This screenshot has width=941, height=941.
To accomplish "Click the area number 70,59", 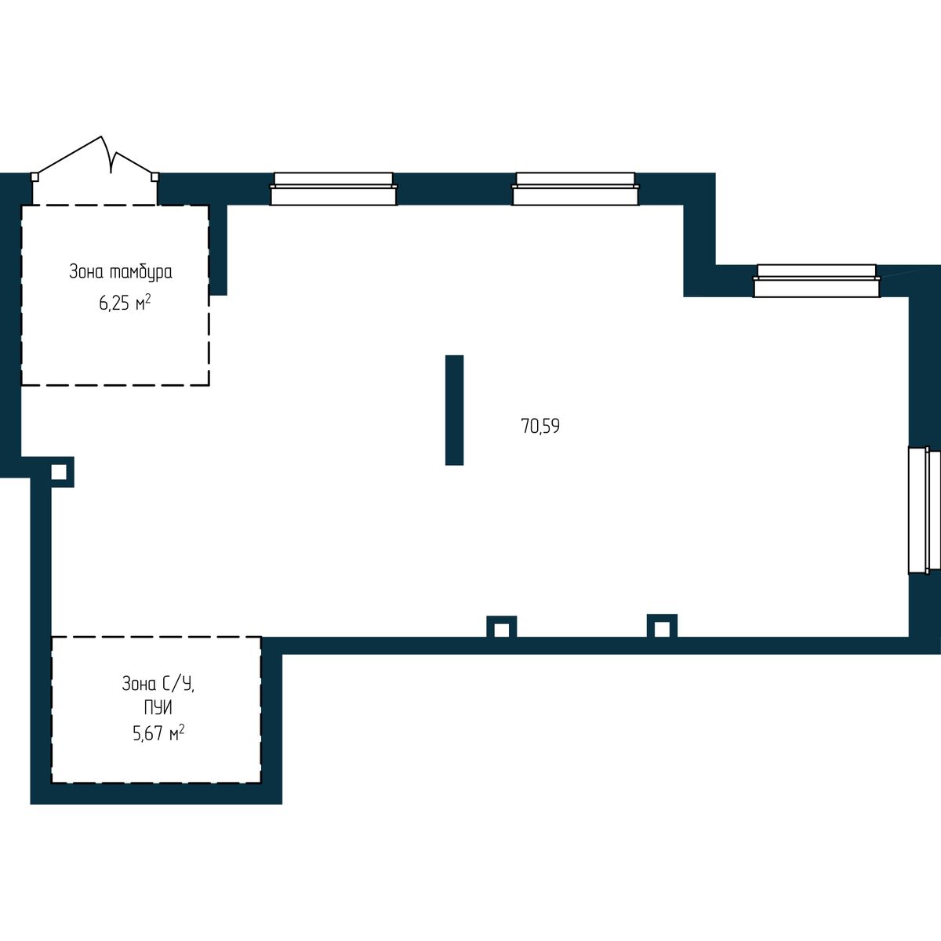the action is point(540,426).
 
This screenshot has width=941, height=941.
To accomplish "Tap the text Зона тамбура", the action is point(121,272).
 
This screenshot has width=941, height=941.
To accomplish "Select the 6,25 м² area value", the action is point(125,303).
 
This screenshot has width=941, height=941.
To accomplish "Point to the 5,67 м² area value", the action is point(158,733).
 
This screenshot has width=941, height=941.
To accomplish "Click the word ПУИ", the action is point(158,707).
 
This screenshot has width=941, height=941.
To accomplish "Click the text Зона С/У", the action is point(158,684).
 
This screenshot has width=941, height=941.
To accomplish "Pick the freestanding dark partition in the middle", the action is point(454,410).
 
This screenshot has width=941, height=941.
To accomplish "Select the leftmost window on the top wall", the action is point(333,188).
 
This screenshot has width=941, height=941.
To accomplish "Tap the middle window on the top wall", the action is point(576,188).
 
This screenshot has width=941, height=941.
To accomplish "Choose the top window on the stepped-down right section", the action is point(816,281).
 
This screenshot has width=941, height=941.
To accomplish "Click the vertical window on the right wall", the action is point(925,510).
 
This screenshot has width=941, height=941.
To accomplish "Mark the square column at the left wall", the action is point(59,472).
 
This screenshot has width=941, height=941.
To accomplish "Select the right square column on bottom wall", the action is point(662,628).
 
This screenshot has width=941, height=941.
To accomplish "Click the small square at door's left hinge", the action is point(35,176).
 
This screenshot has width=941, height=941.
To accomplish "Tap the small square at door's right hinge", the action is point(154,176).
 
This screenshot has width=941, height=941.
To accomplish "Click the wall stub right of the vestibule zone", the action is point(218,250).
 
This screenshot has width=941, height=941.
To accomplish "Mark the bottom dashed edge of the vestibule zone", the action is point(115,385).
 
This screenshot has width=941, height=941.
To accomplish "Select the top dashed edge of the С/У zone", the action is point(156,637).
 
